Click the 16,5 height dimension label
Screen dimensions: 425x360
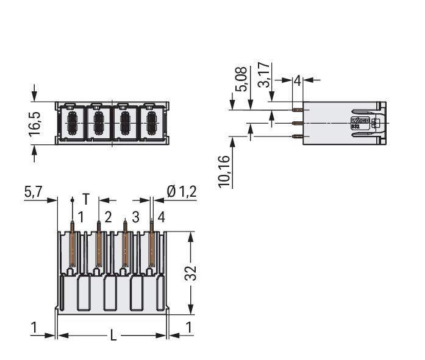(x=35, y=123)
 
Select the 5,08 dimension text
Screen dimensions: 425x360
(x=241, y=79)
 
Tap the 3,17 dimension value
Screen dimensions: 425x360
(x=264, y=75)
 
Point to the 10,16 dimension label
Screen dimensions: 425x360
(x=224, y=172)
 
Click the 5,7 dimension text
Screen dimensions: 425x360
(x=34, y=192)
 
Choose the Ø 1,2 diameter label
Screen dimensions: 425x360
(x=182, y=192)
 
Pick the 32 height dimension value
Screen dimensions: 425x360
(x=190, y=273)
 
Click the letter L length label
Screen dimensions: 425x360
(x=113, y=336)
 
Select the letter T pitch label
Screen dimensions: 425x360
(x=85, y=199)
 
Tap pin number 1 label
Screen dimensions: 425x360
(x=80, y=217)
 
